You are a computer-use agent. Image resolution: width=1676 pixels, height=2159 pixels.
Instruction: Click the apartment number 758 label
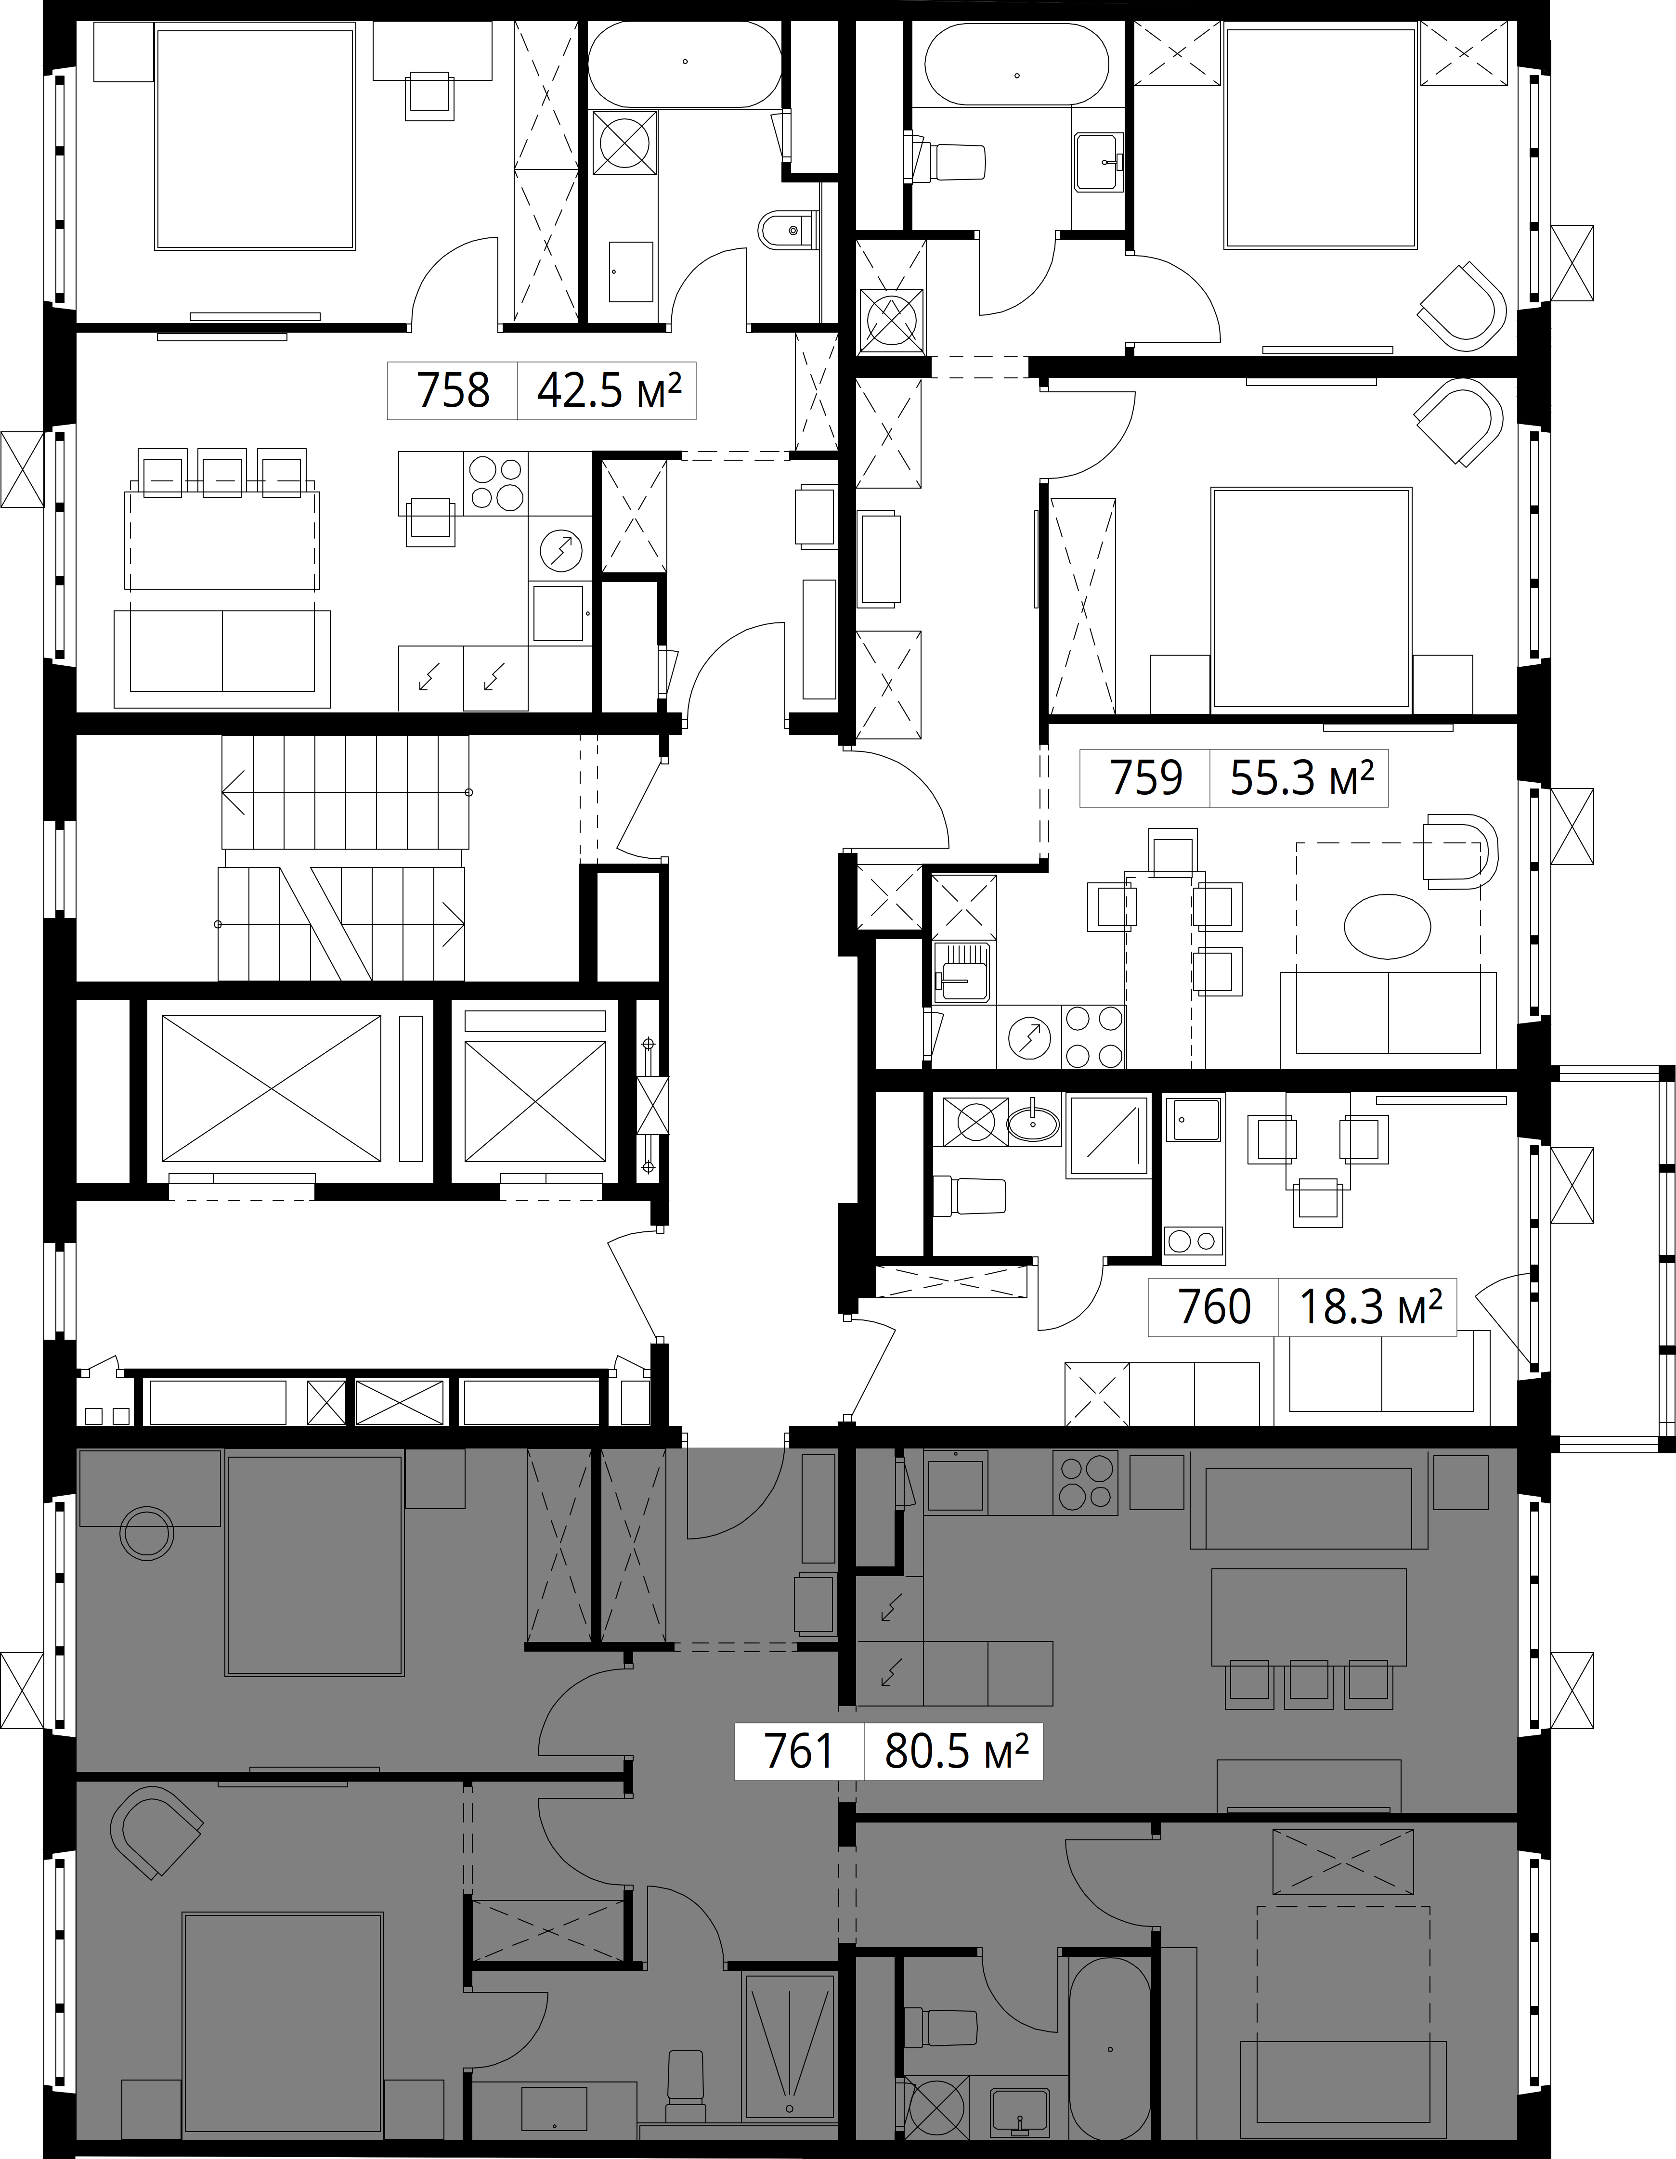tap(453, 391)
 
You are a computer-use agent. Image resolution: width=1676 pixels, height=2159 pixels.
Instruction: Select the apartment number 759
tap(1146, 779)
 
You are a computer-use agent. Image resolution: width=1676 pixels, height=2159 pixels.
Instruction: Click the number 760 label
tap(1214, 1307)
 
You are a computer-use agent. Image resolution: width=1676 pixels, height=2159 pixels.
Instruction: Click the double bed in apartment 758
tap(255, 139)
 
